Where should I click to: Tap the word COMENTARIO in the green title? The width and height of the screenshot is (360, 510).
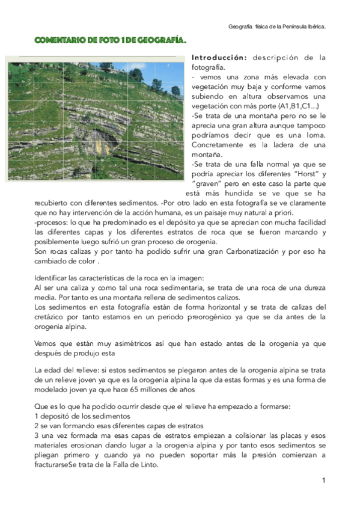point(59,40)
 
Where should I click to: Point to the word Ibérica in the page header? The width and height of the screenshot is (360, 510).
point(315,26)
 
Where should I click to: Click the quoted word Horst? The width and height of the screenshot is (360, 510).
point(291,174)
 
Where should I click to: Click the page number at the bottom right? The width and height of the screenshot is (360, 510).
point(323,481)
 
